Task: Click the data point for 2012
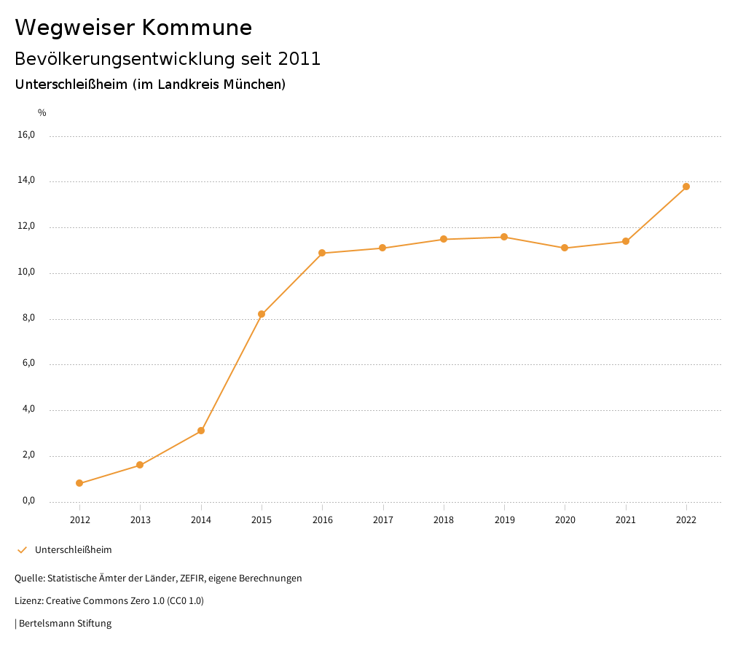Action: click(79, 483)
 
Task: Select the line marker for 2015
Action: click(262, 314)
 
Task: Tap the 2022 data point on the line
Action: click(686, 187)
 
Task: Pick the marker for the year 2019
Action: click(504, 237)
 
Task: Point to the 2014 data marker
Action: click(201, 431)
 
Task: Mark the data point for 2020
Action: click(565, 248)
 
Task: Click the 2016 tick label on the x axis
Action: click(322, 519)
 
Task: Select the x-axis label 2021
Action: click(626, 519)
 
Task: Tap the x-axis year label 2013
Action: click(141, 519)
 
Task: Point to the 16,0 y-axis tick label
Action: click(26, 135)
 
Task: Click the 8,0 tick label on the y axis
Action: click(28, 318)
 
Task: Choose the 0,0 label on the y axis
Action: click(28, 501)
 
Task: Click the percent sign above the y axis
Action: click(42, 112)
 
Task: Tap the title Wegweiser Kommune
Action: click(133, 28)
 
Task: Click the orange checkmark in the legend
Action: click(22, 549)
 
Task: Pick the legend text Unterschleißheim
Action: click(73, 549)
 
